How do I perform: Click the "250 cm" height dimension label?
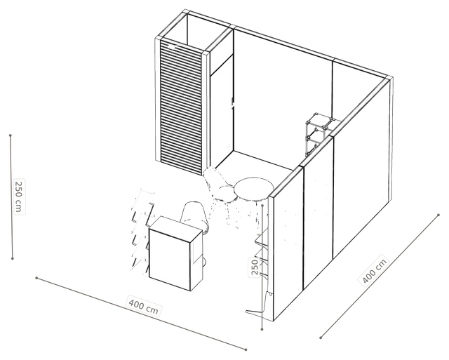tap(19, 196)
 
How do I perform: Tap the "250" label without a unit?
tap(254, 267)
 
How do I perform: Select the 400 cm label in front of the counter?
tap(143, 305)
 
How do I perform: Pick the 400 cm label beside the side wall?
tap(375, 270)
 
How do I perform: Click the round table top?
tap(254, 189)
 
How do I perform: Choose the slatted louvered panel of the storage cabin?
tap(181, 107)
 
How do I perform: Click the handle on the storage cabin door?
tap(232, 101)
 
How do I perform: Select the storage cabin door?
tap(222, 113)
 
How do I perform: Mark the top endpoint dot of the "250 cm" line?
tap(11, 135)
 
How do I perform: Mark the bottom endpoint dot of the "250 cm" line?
tap(13, 258)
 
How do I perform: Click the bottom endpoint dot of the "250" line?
tap(262, 329)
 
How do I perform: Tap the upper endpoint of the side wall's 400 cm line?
tap(438, 215)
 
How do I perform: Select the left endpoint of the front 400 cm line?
tap(36, 278)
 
